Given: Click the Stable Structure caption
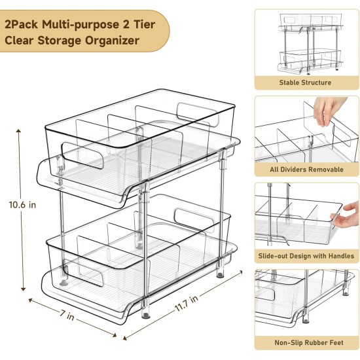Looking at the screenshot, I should (x=305, y=83).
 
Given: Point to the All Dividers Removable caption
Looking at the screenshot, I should (x=305, y=170).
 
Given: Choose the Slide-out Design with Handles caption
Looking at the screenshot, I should (x=305, y=256).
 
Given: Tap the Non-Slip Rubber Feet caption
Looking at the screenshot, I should (x=305, y=342).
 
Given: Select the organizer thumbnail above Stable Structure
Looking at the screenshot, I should (x=305, y=41).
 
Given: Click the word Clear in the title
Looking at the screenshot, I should (x=22, y=41).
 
